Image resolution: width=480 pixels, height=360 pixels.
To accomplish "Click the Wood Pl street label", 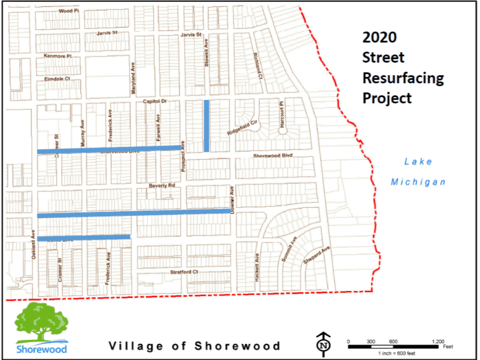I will point(68,11).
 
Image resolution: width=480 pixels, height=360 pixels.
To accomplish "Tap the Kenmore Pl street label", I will point(58,56).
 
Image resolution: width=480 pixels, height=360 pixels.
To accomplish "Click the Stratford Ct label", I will point(184,271).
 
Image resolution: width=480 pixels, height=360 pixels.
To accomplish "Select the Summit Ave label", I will point(289,249).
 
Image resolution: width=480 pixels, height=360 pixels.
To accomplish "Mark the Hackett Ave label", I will point(257,267).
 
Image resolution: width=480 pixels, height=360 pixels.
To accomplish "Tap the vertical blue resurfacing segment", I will point(206,126).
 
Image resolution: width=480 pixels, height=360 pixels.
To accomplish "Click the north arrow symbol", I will point(323,343).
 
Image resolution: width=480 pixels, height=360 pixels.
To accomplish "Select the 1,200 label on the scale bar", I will point(438,341).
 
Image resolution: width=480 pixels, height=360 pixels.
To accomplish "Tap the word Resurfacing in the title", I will point(403,78).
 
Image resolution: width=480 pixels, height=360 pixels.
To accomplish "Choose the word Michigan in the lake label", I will point(418,182).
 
